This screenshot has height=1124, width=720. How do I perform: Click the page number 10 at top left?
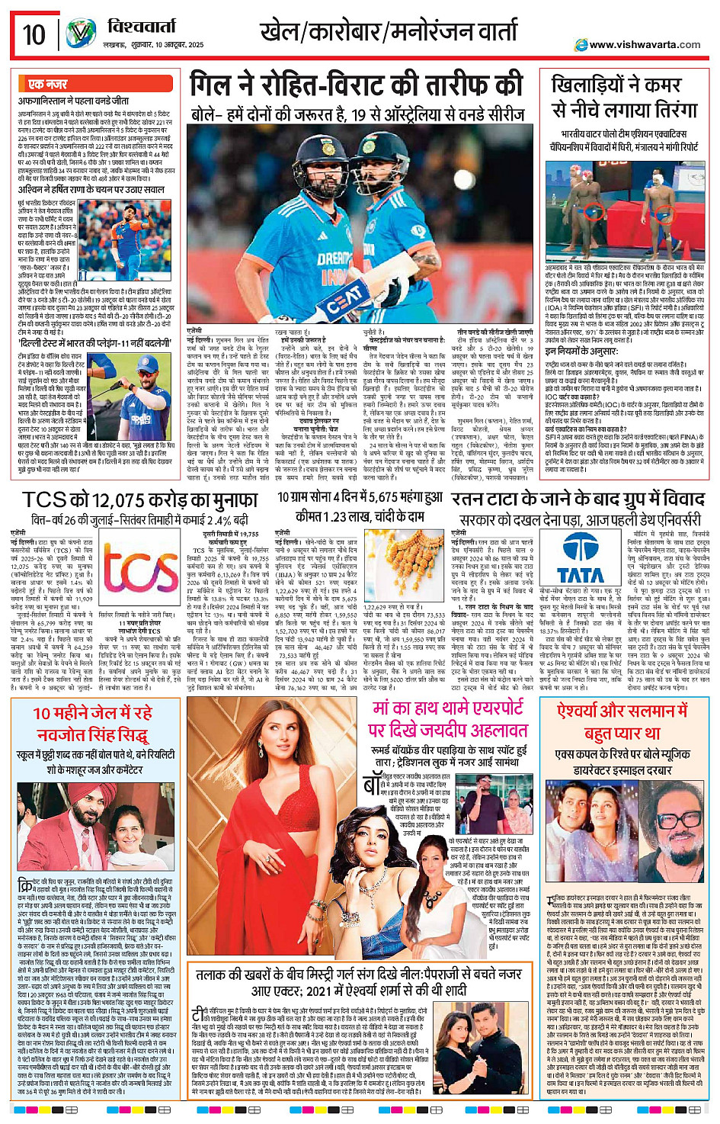(34, 34)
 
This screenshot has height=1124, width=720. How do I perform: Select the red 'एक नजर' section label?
(47, 84)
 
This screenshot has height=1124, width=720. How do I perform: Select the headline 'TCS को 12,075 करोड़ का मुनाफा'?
(139, 500)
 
